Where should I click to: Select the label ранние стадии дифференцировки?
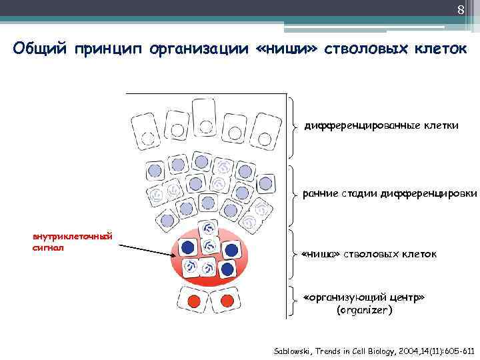pyautogui.click(x=389, y=194)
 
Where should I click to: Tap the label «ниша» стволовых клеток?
pyautogui.click(x=369, y=255)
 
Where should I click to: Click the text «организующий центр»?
pyautogui.click(x=364, y=298)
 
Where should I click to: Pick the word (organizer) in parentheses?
pyautogui.click(x=365, y=311)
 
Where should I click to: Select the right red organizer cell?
pyautogui.click(x=226, y=301)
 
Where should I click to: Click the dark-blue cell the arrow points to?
pyautogui.click(x=188, y=247)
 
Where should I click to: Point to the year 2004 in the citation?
pyautogui.click(x=408, y=351)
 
